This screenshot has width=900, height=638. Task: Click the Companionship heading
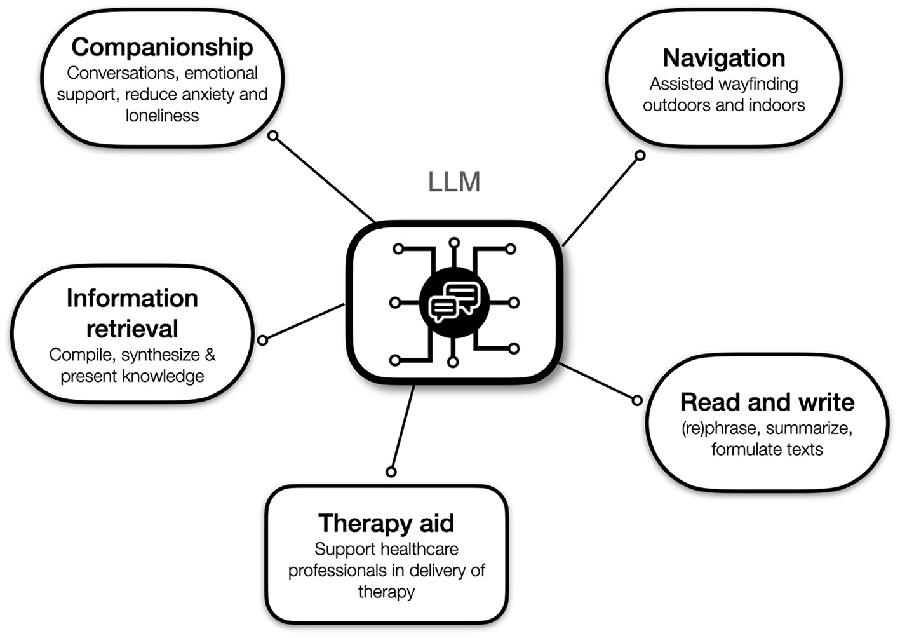click(162, 47)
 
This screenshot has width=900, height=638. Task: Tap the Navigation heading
click(723, 58)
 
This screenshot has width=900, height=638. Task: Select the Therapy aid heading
click(386, 523)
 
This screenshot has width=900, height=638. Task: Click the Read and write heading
click(767, 402)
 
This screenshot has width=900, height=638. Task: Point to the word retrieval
click(132, 329)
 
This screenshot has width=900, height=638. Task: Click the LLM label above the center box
click(453, 182)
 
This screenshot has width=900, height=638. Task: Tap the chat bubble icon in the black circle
click(454, 302)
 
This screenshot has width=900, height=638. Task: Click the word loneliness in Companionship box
click(162, 116)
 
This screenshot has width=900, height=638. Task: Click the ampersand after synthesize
click(210, 355)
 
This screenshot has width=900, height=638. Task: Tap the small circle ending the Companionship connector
click(273, 136)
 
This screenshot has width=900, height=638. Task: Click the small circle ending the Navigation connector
click(640, 155)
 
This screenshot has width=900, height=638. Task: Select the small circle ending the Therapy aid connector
click(391, 472)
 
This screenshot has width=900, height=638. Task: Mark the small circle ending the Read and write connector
click(637, 400)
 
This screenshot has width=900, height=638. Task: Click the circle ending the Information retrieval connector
click(262, 341)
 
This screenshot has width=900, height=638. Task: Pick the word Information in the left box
click(132, 298)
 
